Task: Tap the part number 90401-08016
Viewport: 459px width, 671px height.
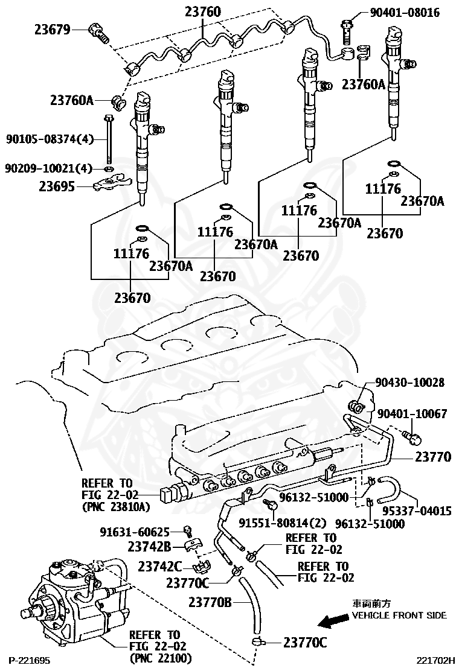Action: (405, 12)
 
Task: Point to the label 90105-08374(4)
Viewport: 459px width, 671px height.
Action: (50, 139)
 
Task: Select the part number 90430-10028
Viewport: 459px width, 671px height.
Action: (409, 383)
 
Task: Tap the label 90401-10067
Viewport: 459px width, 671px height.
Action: (412, 414)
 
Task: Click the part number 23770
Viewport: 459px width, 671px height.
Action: (433, 457)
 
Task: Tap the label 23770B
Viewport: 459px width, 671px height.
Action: (210, 602)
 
